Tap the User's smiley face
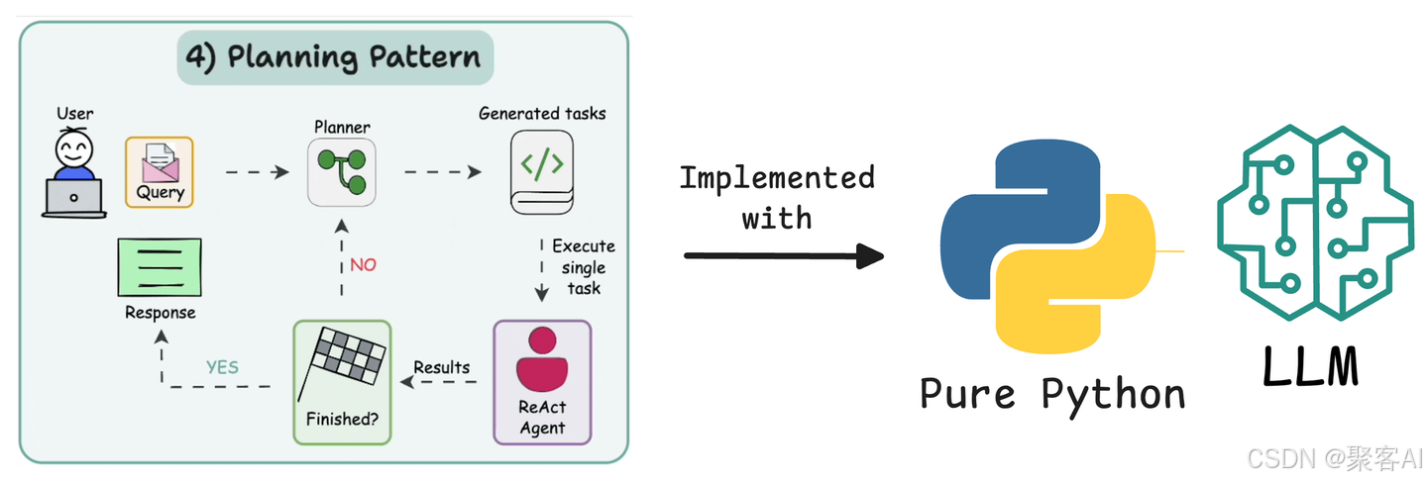74,149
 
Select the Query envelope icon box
160,171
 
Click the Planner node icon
342,172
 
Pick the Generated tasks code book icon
542,172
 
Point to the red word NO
363,264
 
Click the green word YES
222,367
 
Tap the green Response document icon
160,267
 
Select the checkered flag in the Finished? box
343,362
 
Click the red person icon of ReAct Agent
542,358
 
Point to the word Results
442,367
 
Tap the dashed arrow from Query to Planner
258,171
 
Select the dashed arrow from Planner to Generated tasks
443,171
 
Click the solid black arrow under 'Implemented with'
784,256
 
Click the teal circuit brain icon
1315,223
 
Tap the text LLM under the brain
1310,367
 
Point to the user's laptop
74,198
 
